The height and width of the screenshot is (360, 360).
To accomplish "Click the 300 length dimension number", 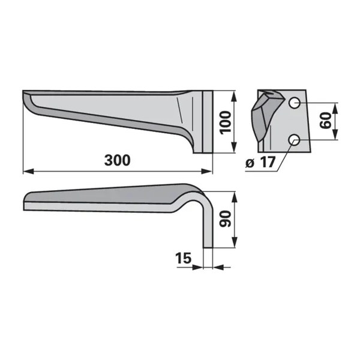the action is tap(118, 160).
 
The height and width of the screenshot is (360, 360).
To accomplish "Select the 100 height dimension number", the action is tap(225, 122).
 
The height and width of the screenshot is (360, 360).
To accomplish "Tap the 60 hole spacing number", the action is tap(326, 121).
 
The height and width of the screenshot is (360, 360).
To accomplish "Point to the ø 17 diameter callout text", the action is tap(260, 163).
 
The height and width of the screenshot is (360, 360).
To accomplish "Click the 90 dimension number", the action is tap(225, 219).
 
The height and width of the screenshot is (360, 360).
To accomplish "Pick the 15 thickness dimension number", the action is tap(183, 258).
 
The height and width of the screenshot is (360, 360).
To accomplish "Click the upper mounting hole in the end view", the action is tap(295, 103).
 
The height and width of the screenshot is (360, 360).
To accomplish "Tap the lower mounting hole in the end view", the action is tap(295, 140).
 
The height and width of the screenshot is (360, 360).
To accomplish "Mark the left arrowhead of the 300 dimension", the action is tap(28, 171).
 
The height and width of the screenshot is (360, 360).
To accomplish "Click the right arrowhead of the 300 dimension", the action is tap(206, 171).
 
